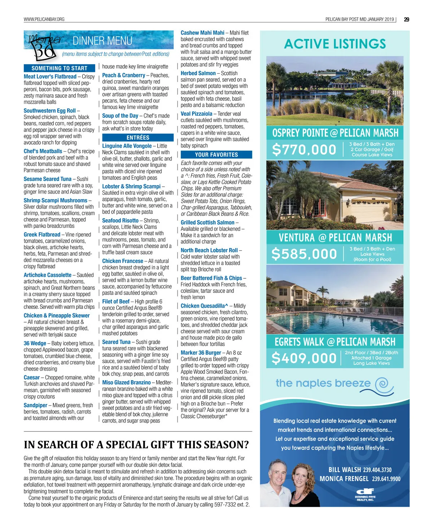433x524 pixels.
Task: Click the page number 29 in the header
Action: click(406, 20)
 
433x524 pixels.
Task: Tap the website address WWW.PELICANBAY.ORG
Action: click(44, 20)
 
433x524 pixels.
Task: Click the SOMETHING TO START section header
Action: click(60, 68)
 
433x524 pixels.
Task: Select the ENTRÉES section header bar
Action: click(138, 138)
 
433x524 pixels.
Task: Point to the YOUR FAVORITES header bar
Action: click(216, 155)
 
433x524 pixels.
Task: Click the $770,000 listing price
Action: click(304, 150)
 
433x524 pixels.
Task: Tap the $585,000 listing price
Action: click(304, 254)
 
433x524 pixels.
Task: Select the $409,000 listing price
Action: click(304, 358)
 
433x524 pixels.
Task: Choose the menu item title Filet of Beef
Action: click(116, 302)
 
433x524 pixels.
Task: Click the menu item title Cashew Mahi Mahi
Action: click(202, 33)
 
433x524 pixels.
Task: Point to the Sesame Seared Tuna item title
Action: click(48, 179)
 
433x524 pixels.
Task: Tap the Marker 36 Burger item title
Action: click(201, 353)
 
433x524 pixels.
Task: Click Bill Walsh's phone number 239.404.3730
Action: click(377, 470)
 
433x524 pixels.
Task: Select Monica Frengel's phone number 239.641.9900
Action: click(386, 479)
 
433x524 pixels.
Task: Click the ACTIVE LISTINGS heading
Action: click(335, 44)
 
